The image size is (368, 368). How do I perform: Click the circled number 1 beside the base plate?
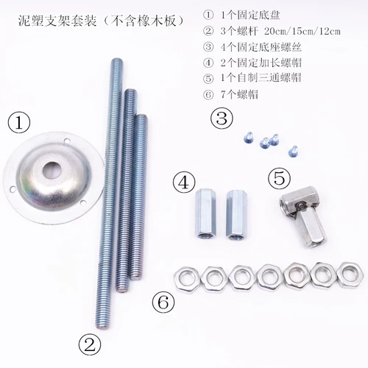[x=19, y=123]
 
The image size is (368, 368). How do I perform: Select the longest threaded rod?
[x=108, y=193]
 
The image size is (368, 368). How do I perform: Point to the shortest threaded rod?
[x=138, y=197]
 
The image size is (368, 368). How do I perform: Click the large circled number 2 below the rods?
[x=90, y=344]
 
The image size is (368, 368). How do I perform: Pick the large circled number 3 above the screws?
[x=222, y=118]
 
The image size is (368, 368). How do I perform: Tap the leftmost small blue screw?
[x=248, y=138]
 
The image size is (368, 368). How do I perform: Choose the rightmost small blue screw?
[x=293, y=151]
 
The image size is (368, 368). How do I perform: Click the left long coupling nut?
[x=205, y=214]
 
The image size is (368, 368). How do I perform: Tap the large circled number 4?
[x=184, y=183]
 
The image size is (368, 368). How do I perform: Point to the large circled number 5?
[x=280, y=178]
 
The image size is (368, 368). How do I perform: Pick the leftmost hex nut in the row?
[x=188, y=278]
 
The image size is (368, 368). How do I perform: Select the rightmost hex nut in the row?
[x=350, y=275]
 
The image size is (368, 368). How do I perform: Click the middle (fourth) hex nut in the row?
[x=270, y=276]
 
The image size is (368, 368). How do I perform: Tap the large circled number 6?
[x=163, y=302]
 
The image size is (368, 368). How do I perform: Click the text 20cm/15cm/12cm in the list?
[x=302, y=32]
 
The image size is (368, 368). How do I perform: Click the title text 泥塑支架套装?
[x=57, y=21]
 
